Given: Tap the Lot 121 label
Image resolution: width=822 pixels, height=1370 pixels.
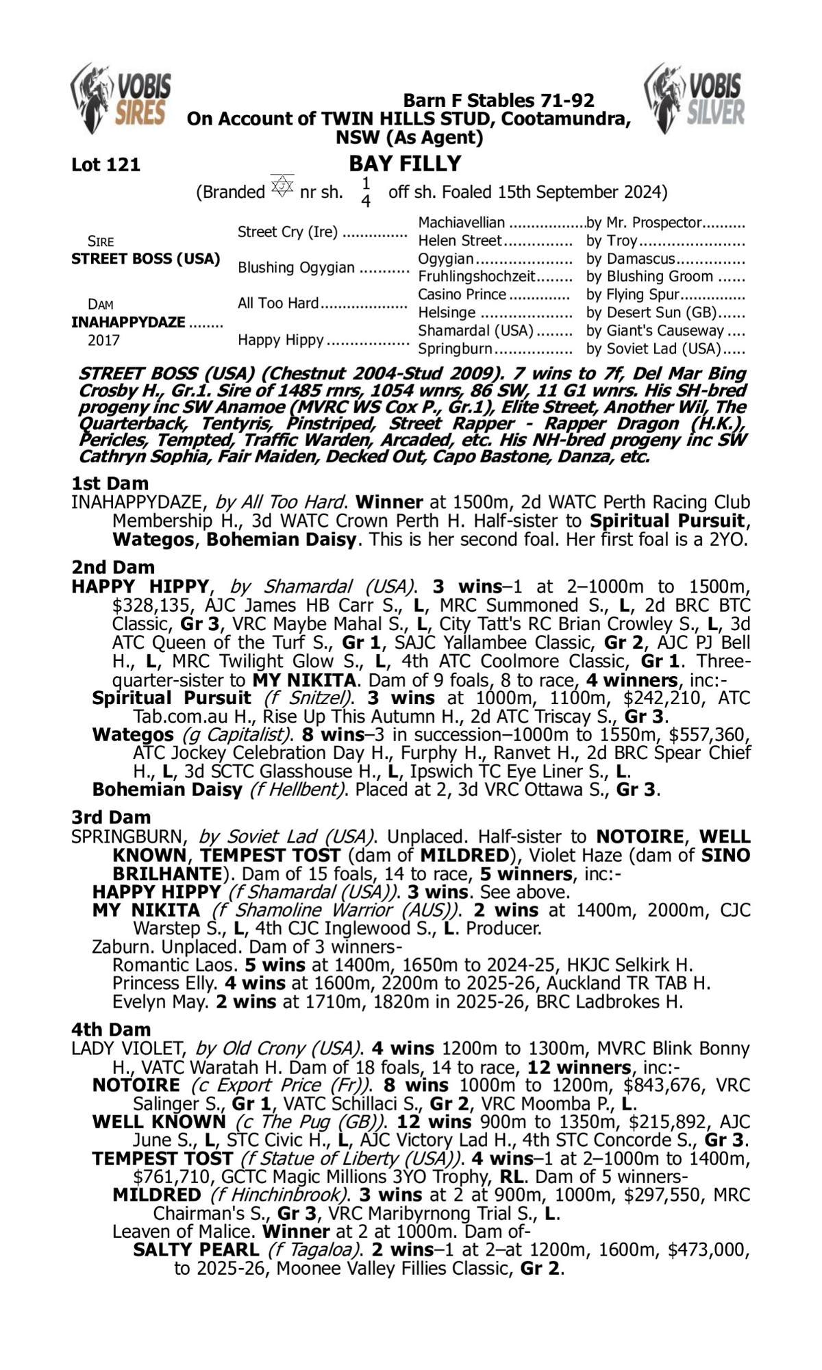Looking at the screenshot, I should (105, 165).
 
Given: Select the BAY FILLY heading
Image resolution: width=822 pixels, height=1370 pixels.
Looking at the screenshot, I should (405, 164).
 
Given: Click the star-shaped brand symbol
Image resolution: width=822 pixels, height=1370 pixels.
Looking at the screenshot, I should (282, 186).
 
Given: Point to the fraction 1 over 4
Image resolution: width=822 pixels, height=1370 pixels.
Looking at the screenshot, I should (366, 192).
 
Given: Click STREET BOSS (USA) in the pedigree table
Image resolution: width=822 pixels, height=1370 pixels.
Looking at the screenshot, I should (145, 259).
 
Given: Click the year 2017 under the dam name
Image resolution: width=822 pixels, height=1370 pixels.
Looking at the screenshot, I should (103, 340).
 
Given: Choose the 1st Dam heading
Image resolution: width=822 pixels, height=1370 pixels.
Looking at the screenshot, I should (110, 484).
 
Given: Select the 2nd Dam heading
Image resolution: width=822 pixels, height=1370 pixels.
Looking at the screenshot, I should (113, 567).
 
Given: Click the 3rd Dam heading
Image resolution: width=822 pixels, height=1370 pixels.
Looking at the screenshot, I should (112, 817).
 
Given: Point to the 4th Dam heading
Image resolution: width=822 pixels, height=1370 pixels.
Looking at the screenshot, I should (112, 1029).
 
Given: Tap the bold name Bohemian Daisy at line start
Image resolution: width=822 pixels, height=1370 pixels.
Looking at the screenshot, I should (167, 790).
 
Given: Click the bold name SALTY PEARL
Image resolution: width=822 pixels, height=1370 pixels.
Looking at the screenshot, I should (196, 1250).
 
